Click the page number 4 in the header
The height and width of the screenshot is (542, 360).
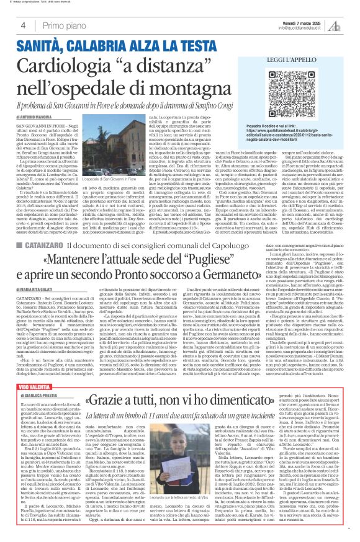(22, 25)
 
